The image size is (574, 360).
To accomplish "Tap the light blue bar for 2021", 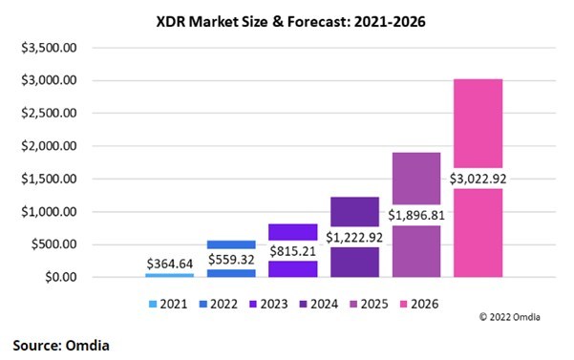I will click(x=169, y=275).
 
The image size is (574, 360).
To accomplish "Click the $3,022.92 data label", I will click(x=477, y=178).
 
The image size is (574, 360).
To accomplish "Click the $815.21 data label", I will click(x=292, y=250).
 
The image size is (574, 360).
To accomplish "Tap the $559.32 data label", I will click(x=230, y=259).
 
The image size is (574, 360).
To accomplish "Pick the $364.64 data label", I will click(x=169, y=263).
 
